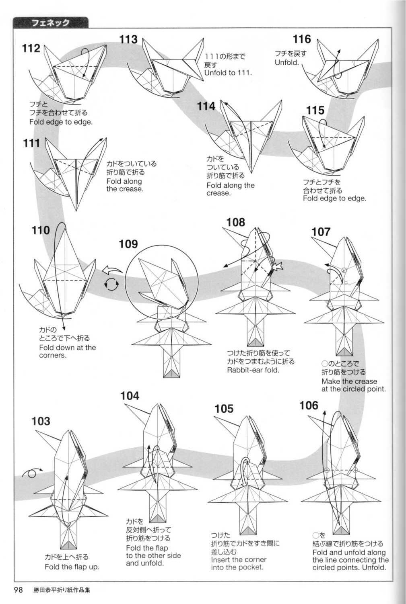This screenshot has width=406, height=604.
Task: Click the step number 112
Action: (x=31, y=49)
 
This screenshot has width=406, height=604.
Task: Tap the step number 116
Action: (x=302, y=39)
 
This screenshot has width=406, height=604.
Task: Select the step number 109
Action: (x=128, y=244)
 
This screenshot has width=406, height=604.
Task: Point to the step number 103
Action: (x=41, y=421)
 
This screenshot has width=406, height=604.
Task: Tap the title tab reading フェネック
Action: (x=50, y=23)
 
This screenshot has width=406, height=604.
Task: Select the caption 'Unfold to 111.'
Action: (x=228, y=73)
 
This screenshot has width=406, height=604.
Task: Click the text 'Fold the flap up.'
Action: (x=72, y=567)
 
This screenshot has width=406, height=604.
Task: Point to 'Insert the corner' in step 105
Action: (x=239, y=559)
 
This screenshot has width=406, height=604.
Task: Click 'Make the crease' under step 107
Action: (x=349, y=381)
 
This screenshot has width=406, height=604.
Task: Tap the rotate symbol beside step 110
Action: (x=112, y=285)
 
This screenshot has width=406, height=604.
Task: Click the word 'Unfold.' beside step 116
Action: (x=287, y=63)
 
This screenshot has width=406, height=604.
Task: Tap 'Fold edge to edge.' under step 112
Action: (x=61, y=122)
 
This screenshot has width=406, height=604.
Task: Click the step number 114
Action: (x=206, y=106)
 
